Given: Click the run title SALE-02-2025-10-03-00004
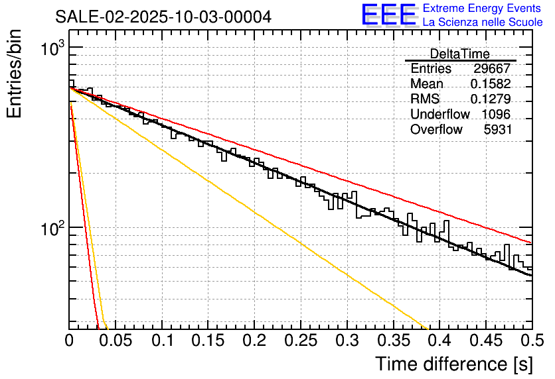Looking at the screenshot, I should pos(163,17).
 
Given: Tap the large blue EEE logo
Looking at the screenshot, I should pos(389,16).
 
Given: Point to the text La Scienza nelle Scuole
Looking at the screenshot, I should pos(483,23).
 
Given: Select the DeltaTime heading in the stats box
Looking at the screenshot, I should pos(459,54).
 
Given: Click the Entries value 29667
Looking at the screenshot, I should pos(493,69).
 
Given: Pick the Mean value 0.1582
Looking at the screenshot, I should pos(490,84).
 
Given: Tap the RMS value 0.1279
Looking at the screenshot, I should pos(490,99).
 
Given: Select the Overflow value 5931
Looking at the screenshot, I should pos(498,130).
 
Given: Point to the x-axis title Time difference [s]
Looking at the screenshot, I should pos(453,364).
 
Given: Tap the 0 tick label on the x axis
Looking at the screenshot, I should pos(70,341).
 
